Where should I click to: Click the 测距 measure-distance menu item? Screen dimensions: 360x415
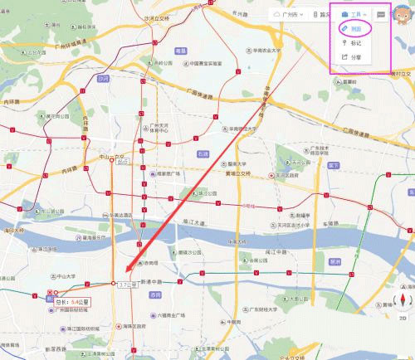click(x=355, y=27)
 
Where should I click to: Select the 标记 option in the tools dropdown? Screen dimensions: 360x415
click(x=355, y=42)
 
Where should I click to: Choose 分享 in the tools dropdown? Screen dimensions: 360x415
click(x=355, y=57)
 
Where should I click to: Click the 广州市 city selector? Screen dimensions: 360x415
click(x=291, y=14)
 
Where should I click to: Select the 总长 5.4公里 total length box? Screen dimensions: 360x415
click(x=71, y=303)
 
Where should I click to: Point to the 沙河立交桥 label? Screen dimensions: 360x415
click(x=158, y=17)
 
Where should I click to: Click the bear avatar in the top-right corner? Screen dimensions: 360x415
click(x=402, y=12)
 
